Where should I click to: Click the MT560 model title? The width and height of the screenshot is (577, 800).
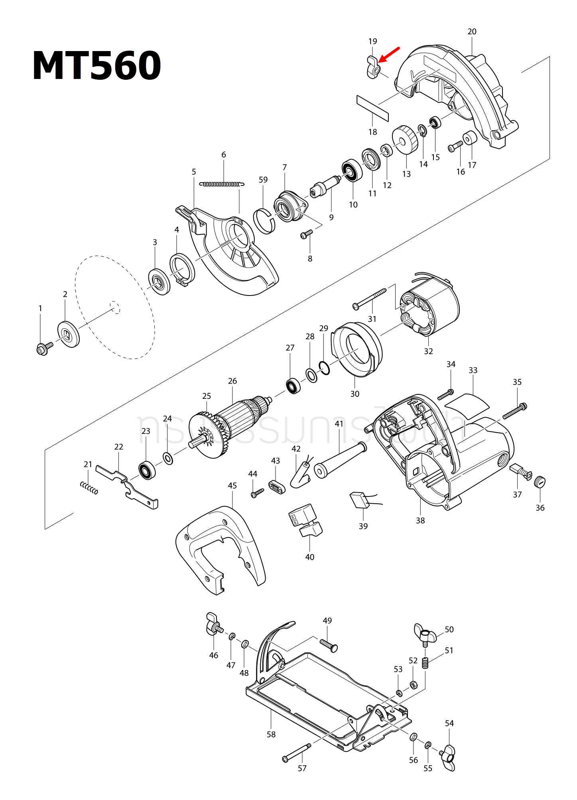click(x=96, y=66)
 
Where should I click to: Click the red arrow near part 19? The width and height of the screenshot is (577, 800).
click(x=389, y=55)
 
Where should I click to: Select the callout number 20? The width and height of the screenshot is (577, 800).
click(x=472, y=32)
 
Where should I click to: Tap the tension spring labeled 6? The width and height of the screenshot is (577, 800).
click(x=222, y=184)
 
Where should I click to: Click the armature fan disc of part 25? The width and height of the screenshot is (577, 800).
click(x=205, y=436)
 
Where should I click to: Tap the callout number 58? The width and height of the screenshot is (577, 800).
click(x=271, y=734)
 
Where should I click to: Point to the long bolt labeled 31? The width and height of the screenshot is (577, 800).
click(x=370, y=299)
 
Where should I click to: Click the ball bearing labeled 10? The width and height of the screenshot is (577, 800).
click(x=352, y=170)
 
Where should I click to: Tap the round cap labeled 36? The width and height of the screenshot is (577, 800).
click(x=540, y=482)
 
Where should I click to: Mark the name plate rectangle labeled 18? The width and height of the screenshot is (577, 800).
click(x=372, y=108)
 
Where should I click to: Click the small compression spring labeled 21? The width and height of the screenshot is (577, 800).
click(x=89, y=488)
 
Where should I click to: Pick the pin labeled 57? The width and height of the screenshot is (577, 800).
click(x=297, y=751)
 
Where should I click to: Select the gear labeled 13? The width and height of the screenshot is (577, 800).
click(x=405, y=140)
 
